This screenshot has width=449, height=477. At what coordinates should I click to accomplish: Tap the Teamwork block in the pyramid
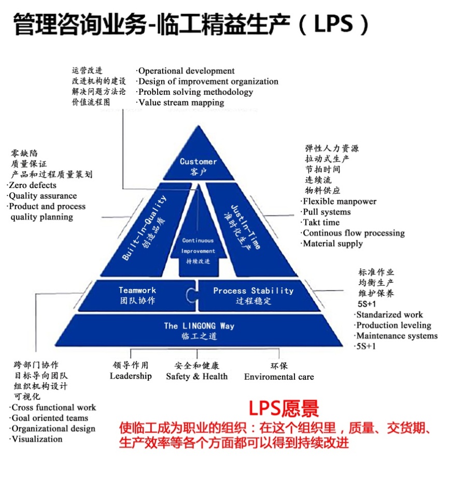click(137, 295)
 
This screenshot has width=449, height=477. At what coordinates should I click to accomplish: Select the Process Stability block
click(253, 295)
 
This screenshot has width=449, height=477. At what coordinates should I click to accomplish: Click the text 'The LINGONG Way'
click(199, 326)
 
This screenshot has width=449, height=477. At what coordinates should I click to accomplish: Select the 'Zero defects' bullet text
click(32, 185)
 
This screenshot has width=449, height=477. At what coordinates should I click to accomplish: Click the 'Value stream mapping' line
click(181, 102)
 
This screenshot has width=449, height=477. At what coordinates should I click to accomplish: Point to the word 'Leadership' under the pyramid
click(131, 376)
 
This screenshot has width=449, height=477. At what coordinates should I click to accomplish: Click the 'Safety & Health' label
click(197, 377)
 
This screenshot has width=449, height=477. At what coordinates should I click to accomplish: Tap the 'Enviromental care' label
click(279, 377)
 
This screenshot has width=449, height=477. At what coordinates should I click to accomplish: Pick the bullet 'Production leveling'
click(394, 325)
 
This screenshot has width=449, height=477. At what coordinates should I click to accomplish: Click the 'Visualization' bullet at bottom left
click(37, 439)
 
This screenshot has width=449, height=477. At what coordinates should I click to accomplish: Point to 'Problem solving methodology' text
click(195, 92)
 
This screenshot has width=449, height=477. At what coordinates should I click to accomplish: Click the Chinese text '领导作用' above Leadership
click(130, 366)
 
